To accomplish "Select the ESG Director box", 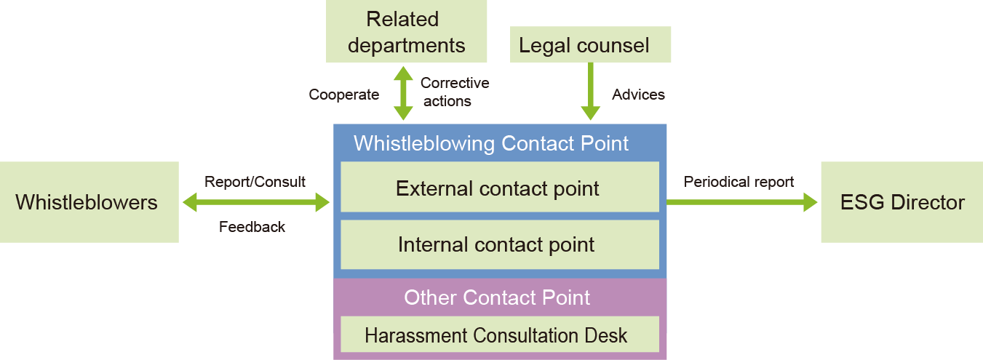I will pos(902,202).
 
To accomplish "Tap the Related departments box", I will pos(406,31).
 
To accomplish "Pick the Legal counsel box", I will pos(590,45).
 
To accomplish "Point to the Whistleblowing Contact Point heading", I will pos(491,143).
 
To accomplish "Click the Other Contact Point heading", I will pos(497,297).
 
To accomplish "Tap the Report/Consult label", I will pos(255,182).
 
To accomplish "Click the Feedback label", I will pos(252,227).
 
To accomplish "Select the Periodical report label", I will pos(739,182).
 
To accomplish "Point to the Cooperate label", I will pos(343,95).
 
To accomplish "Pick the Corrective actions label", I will pos(455,92).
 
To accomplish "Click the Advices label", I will pos(638,95).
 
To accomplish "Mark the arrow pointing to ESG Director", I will pos(742,203).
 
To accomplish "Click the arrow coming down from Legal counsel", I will pos(590,91).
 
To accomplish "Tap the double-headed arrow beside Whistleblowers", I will pos(255,203).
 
